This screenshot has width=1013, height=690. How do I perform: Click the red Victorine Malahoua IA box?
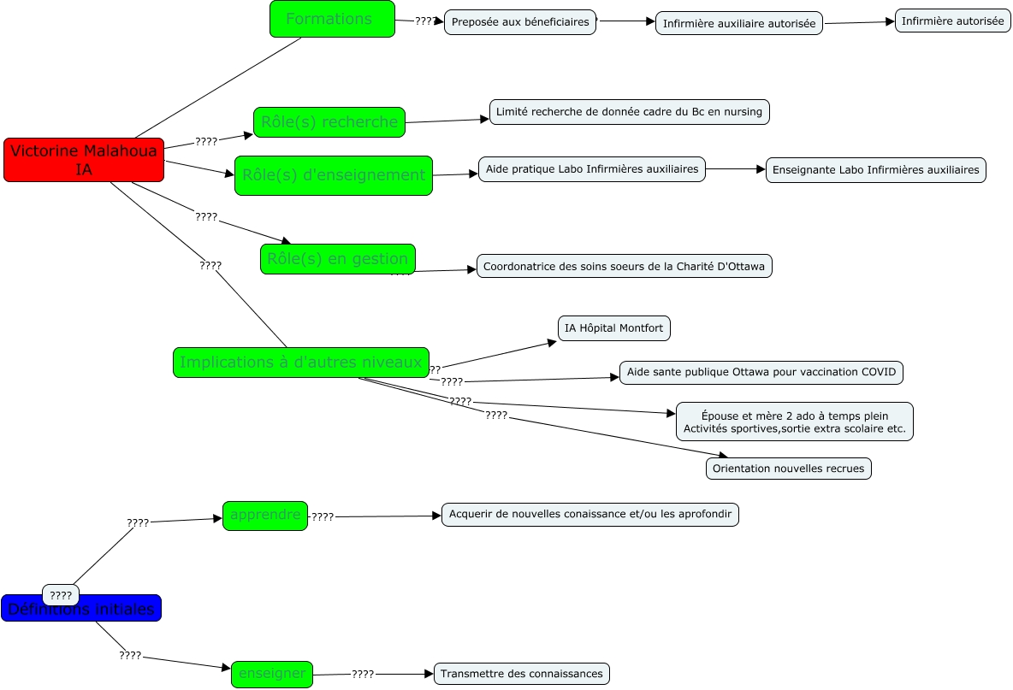tap(84, 160)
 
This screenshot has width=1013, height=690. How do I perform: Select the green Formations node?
tap(332, 19)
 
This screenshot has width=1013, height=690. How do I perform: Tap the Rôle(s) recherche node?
tap(329, 122)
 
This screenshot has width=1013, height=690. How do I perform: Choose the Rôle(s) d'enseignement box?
tap(334, 175)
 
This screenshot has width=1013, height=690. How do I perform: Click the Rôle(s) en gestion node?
tap(338, 259)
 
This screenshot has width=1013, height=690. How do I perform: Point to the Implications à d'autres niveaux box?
tap(300, 363)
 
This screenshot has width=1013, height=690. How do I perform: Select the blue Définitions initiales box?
tap(81, 610)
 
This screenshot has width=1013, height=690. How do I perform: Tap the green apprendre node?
tap(265, 516)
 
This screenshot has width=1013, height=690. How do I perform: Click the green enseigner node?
tap(272, 674)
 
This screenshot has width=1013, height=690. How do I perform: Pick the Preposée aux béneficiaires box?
tap(520, 22)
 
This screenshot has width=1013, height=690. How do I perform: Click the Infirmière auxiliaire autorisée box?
tap(739, 24)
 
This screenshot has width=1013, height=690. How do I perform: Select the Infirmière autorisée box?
tap(952, 21)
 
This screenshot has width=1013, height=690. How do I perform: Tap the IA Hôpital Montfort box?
tap(613, 328)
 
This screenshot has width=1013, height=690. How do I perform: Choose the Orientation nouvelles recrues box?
tap(788, 469)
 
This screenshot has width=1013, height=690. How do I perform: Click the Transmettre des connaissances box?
tap(522, 674)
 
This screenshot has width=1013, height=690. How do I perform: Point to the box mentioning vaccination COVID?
tap(761, 373)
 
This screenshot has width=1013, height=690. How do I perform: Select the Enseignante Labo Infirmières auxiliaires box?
tap(875, 170)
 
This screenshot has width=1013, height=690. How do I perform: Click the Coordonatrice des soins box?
tap(624, 267)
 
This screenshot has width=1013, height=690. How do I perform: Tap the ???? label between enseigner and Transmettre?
tap(363, 674)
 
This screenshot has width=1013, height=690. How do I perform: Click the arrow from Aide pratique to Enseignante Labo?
tap(736, 169)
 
